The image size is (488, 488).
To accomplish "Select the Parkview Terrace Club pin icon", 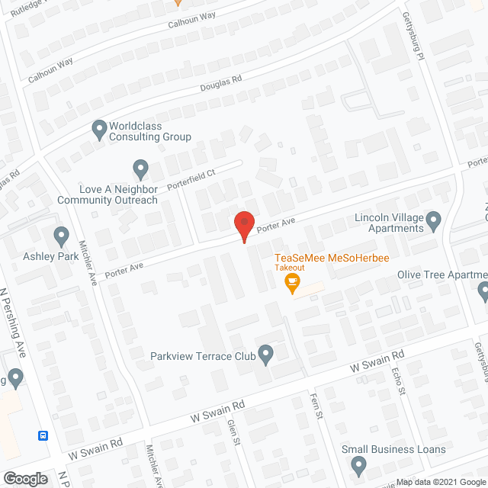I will tap(266, 353).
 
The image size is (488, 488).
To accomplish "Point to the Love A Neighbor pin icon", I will tap(140, 169).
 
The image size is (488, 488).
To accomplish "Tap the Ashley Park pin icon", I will tap(62, 236).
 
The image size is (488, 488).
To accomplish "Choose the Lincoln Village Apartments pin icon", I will tap(434, 222).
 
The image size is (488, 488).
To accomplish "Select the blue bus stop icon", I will tap(43, 435).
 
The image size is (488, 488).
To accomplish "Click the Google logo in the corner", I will tap(25, 478).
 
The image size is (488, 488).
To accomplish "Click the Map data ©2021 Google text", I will tap(439, 481).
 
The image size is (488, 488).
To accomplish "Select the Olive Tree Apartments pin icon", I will tap(483, 290).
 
